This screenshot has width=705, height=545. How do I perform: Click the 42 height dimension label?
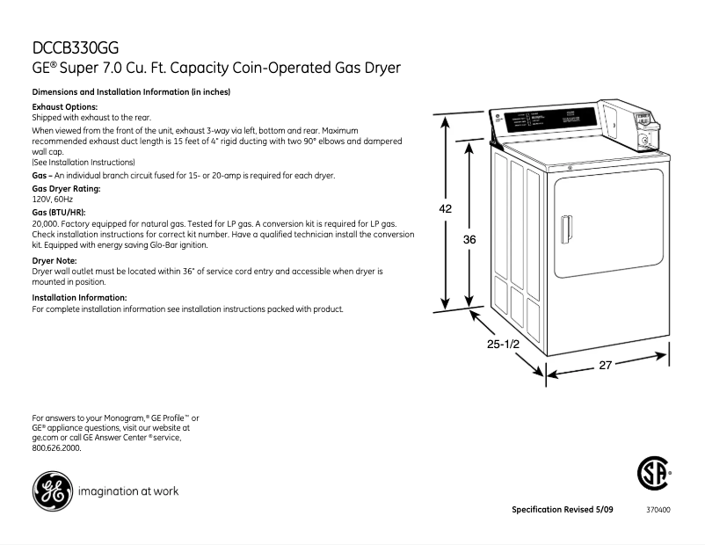click(447, 208)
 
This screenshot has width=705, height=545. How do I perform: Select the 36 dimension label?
click(469, 239)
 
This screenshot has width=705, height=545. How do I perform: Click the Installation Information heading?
click(79, 298)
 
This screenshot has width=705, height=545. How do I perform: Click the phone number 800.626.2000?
click(56, 448)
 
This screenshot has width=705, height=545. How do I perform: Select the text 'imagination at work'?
click(129, 491)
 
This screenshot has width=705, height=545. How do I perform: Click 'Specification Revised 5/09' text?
click(563, 510)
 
